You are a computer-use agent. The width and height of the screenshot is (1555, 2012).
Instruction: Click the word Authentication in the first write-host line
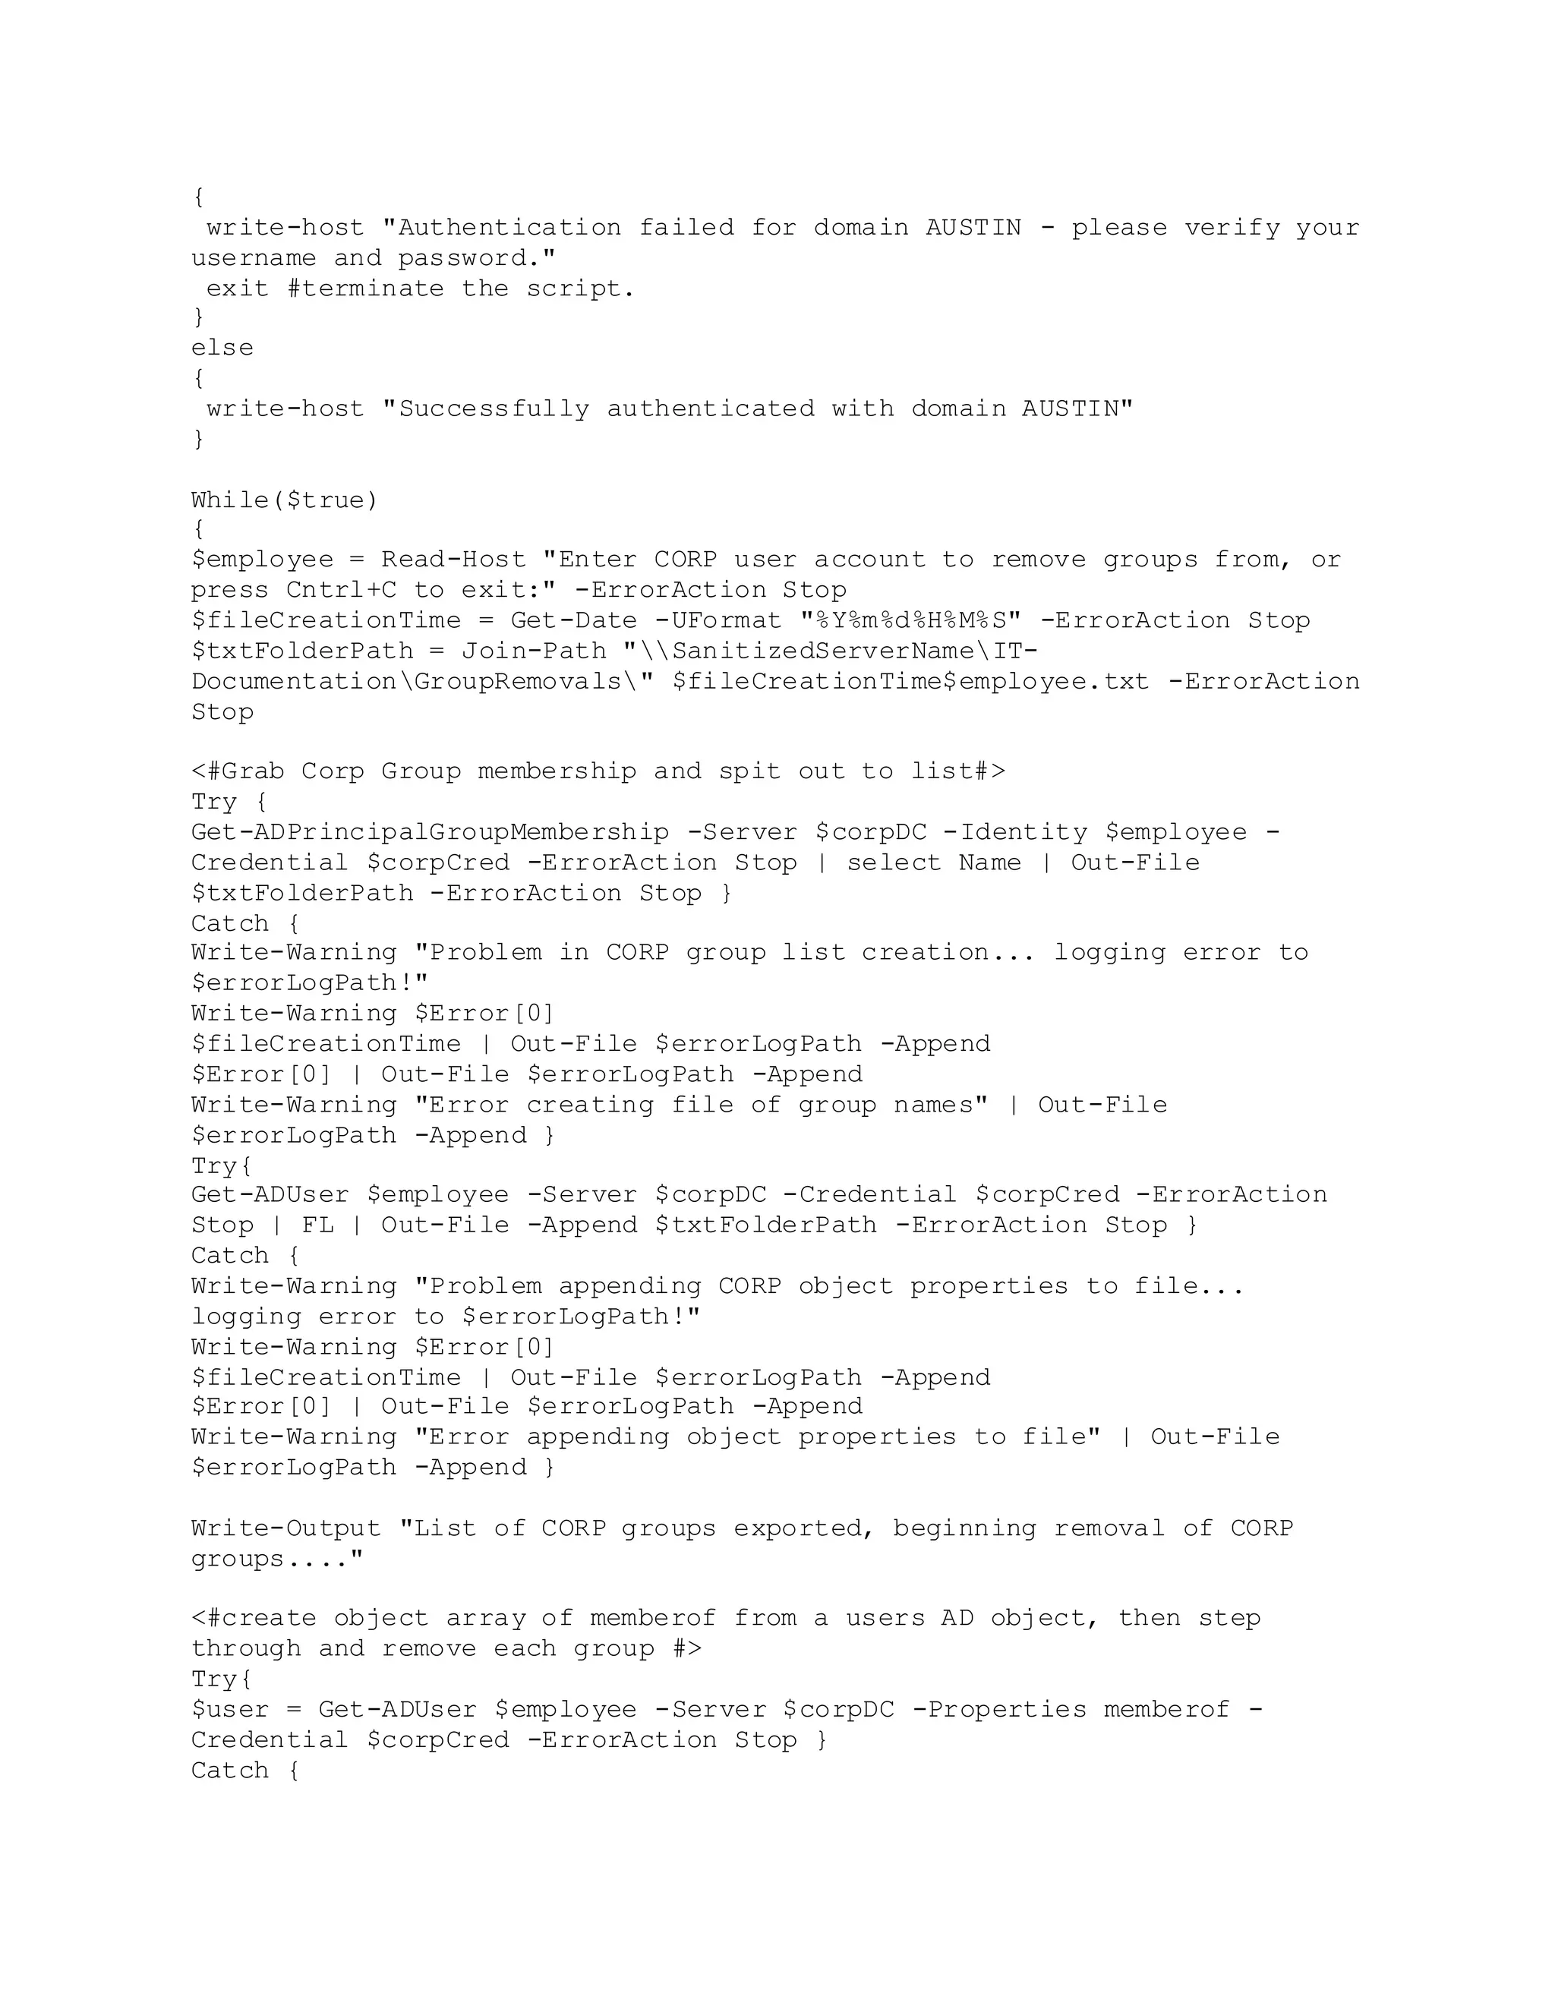(x=509, y=228)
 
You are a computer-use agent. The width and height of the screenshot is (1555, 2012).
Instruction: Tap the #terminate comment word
(x=364, y=289)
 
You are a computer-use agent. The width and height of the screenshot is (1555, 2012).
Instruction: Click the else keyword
(x=222, y=347)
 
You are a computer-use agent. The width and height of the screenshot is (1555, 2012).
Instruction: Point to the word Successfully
(x=493, y=408)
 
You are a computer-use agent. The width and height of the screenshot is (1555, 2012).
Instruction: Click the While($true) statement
(x=285, y=500)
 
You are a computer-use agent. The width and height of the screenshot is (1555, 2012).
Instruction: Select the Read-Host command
(x=453, y=560)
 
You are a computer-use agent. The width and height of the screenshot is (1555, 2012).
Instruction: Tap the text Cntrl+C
(x=341, y=590)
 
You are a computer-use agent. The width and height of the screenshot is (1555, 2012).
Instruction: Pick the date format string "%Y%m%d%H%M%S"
(x=911, y=620)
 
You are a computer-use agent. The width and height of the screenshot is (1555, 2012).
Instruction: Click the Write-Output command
(x=285, y=1528)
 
